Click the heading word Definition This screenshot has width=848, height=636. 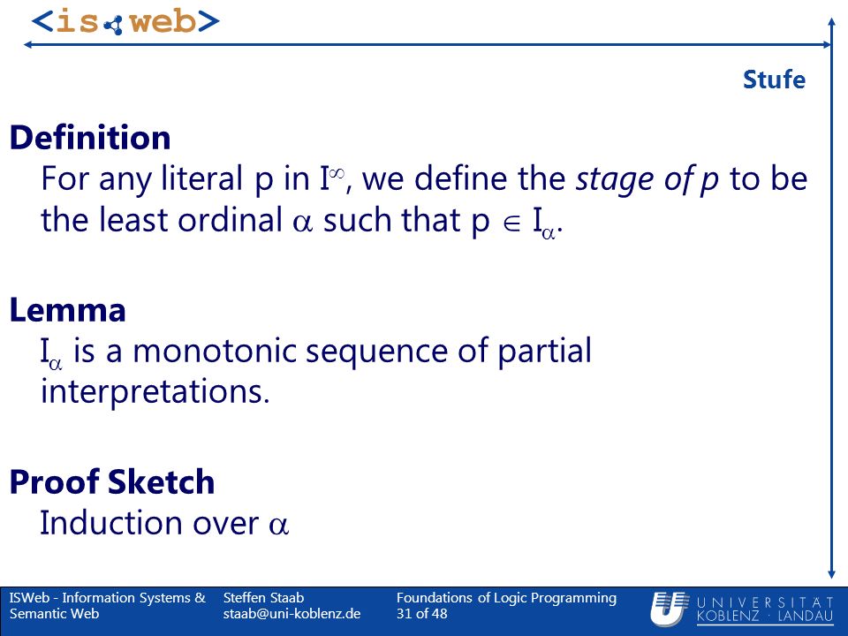[90, 138]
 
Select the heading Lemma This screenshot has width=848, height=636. [68, 310]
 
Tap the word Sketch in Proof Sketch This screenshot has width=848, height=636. [161, 481]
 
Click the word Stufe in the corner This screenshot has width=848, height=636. [774, 79]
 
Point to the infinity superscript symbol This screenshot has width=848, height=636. [337, 173]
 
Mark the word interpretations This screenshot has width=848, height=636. [155, 391]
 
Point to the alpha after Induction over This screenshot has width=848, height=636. [278, 525]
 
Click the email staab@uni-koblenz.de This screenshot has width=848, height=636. [292, 614]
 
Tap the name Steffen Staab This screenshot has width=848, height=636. [263, 598]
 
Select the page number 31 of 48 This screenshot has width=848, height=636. [422, 614]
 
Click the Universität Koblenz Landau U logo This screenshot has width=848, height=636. [670, 609]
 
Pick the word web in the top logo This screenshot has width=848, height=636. [163, 22]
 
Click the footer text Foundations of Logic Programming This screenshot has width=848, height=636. [506, 598]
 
